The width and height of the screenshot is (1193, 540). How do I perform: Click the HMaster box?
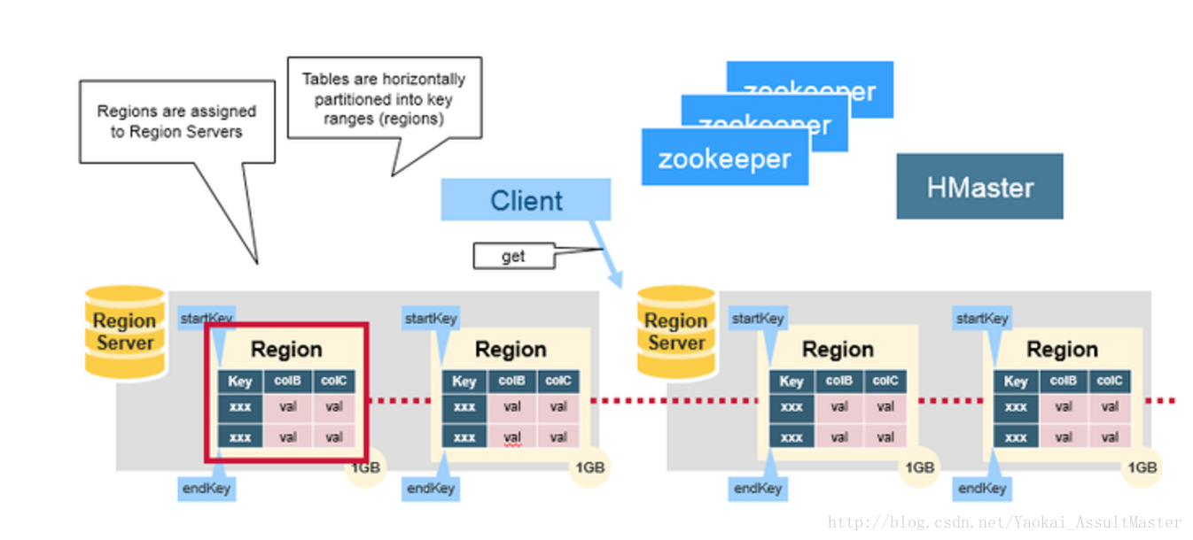point(979,187)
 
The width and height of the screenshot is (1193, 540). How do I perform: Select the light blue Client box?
point(526,200)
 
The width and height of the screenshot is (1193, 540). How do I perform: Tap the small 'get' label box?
point(513,257)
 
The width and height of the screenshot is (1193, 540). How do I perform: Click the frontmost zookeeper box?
point(724,158)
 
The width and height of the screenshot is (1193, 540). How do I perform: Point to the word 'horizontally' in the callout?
point(425,79)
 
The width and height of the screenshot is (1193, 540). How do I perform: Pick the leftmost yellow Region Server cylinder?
point(125,332)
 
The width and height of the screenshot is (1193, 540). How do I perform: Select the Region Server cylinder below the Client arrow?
point(676,332)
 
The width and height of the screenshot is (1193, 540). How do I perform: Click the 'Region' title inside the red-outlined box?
point(286,350)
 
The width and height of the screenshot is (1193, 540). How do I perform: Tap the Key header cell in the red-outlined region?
point(240,382)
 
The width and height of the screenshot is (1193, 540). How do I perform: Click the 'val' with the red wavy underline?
point(511,437)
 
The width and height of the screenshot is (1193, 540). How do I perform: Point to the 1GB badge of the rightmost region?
point(1143,467)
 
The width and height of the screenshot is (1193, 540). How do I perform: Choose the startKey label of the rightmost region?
point(982,319)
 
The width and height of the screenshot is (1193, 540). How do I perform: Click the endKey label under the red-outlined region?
point(207,488)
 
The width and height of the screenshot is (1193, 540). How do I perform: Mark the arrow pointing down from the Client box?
point(605,251)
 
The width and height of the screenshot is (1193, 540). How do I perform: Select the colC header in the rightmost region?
point(1110,382)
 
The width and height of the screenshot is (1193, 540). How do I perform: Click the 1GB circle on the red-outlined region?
point(364,468)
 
